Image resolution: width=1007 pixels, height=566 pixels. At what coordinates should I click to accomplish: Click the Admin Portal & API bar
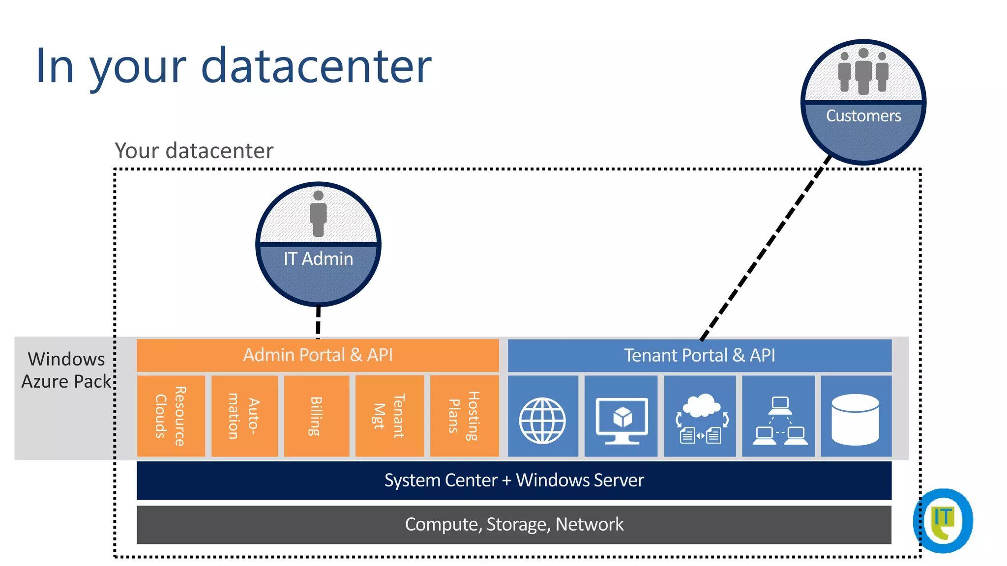tap(318, 355)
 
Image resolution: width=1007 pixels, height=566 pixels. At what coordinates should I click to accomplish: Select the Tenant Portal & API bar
tap(699, 355)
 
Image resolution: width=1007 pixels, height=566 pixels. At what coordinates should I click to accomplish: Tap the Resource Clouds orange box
tap(171, 416)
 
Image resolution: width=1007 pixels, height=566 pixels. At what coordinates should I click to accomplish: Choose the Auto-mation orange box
tap(244, 416)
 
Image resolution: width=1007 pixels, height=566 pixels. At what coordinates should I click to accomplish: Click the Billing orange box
tap(316, 416)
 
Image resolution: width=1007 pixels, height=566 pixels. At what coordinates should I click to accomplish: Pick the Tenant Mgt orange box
tap(389, 416)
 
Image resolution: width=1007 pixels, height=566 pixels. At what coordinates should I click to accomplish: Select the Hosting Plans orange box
tap(464, 416)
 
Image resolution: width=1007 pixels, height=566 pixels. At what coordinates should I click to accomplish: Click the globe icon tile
tap(542, 421)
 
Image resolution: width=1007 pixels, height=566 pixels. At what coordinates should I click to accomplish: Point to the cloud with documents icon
tap(700, 419)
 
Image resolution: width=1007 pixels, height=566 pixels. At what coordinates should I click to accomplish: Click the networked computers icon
tap(779, 421)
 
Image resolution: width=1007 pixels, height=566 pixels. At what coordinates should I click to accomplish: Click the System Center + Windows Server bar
tap(514, 480)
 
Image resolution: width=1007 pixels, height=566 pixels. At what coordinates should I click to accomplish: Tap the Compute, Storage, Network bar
tap(514, 524)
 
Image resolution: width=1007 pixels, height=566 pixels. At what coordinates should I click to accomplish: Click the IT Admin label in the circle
tap(318, 259)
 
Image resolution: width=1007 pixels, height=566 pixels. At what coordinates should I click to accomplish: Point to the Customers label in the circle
tap(863, 116)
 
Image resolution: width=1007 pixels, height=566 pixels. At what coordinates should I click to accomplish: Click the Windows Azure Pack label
tap(66, 370)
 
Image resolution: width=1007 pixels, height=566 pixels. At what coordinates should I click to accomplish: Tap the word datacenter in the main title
tap(316, 65)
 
